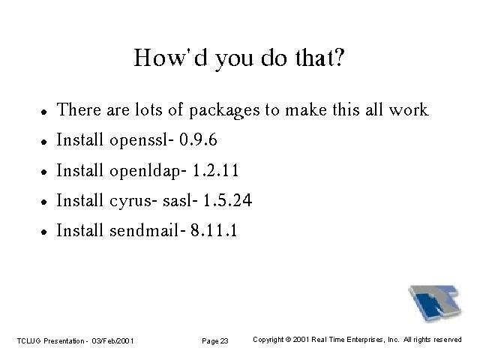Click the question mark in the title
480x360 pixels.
[x=339, y=57]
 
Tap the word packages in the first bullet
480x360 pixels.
[x=224, y=110]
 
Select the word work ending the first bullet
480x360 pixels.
[x=408, y=109]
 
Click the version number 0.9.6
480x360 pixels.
[x=198, y=139]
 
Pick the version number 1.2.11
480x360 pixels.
[x=215, y=170]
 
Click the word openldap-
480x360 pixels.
[x=148, y=171]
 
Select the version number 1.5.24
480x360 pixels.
[x=227, y=200]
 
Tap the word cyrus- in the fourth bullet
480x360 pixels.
[x=133, y=202]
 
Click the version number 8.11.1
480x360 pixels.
[x=214, y=230]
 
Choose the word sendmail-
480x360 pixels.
[x=148, y=230]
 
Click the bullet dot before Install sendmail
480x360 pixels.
[x=44, y=232]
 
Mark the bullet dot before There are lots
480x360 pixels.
[x=44, y=112]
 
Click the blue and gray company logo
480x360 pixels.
[x=435, y=303]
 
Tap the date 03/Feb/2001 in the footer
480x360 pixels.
[x=112, y=340]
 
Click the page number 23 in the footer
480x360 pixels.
[x=224, y=340]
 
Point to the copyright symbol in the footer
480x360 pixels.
[x=288, y=340]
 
